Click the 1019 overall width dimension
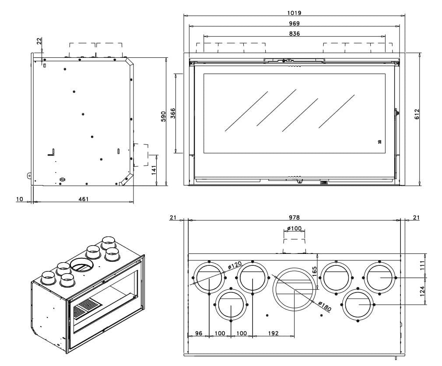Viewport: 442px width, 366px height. pyautogui.click(x=295, y=13)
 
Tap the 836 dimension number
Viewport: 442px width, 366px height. pyautogui.click(x=295, y=34)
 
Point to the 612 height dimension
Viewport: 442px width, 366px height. pyautogui.click(x=417, y=114)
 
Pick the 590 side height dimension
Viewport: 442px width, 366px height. pyautogui.click(x=163, y=116)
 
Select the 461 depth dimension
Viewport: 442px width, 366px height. pyautogui.click(x=83, y=199)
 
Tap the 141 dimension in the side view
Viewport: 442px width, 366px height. pyautogui.click(x=154, y=170)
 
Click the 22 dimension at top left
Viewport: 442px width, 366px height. pyautogui.click(x=39, y=41)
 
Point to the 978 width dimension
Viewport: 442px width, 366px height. pyautogui.click(x=295, y=217)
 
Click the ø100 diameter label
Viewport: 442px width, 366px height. pyautogui.click(x=295, y=229)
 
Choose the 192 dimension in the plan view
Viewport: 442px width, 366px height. pyautogui.click(x=273, y=333)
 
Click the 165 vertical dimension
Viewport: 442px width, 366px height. pyautogui.click(x=314, y=271)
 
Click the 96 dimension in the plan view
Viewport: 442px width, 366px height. pyautogui.click(x=199, y=333)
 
